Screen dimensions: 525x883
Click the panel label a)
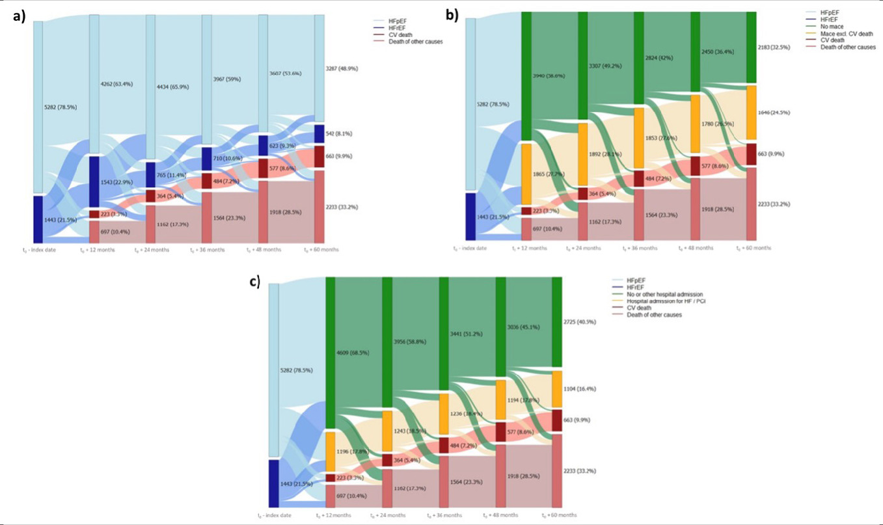tap(19, 18)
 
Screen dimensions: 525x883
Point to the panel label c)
tap(255, 281)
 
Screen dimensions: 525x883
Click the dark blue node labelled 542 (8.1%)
tap(319, 133)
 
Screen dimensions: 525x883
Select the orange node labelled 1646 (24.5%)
tap(752, 113)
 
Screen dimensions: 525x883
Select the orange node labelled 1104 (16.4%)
tap(557, 390)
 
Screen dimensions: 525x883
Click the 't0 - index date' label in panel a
tap(38, 249)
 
